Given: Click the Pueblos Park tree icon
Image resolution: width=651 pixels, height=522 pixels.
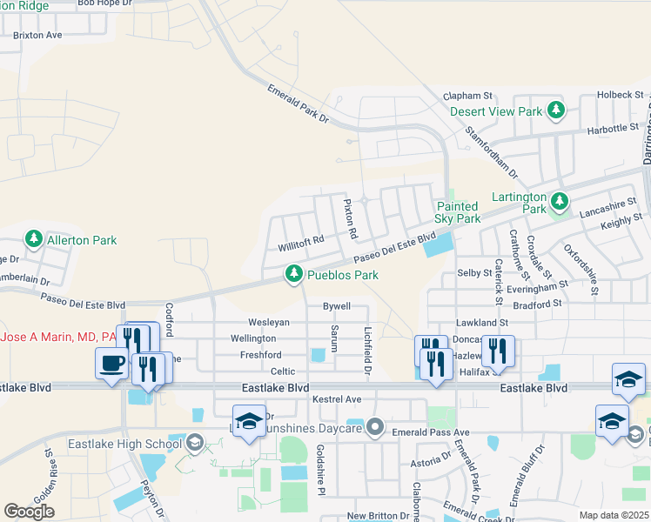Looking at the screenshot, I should (294, 275).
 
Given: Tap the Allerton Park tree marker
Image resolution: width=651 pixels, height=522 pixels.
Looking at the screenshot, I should (33, 238).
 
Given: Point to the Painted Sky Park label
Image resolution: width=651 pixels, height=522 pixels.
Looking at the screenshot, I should (457, 212).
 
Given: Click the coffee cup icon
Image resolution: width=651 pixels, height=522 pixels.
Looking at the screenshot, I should (111, 364).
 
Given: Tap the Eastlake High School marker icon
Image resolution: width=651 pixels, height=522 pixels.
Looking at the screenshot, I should (195, 444).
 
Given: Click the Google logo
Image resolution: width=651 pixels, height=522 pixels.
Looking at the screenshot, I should (29, 512).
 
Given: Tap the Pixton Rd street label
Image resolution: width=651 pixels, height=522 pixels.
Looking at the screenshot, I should (351, 218).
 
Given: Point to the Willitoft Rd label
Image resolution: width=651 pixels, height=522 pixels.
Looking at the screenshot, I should (301, 239).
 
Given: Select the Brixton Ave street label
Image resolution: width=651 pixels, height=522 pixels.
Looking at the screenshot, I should (37, 36).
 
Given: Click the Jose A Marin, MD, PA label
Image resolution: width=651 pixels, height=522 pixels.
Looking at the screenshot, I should (59, 336).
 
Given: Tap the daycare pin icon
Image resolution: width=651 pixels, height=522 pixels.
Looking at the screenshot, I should (375, 426).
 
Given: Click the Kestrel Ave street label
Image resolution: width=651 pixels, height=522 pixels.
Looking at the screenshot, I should (336, 398).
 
